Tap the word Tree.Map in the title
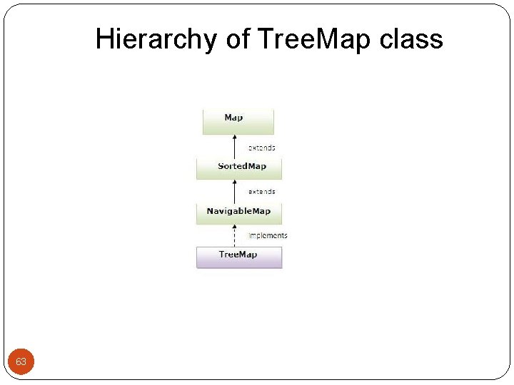313,40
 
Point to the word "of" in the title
238,40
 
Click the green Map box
238,122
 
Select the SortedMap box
239,169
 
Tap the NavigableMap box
239,213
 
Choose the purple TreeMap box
239,257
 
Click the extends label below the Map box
261,148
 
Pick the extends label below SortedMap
261,192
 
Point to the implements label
268,235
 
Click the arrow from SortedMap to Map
235,147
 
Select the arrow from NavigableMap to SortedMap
235,191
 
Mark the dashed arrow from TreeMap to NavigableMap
235,236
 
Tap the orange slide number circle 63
21,362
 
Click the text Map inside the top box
233,118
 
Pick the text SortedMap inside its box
242,166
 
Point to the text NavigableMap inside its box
238,211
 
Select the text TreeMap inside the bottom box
238,255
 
